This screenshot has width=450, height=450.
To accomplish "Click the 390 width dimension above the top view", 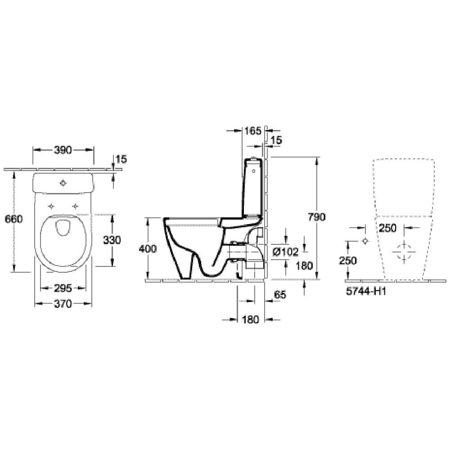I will point(63,150).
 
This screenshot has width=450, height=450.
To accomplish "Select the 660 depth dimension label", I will point(13,219).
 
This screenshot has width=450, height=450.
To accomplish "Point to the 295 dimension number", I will point(63,288).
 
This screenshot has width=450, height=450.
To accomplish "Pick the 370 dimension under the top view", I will point(63,304).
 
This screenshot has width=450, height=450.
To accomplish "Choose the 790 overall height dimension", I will point(317,217).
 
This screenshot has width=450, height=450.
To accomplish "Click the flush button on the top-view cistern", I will point(63,183).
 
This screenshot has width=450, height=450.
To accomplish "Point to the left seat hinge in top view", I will point(52,206).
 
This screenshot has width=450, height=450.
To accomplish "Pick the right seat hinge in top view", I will point(75,206).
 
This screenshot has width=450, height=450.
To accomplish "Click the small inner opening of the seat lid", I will point(63,227).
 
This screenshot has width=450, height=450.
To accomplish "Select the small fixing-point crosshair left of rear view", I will point(365,241).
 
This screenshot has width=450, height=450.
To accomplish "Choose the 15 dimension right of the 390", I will point(121,159).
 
